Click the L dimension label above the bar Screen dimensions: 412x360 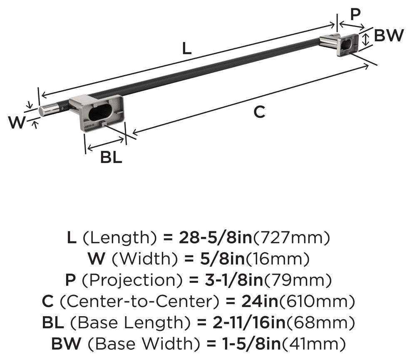click(187, 49)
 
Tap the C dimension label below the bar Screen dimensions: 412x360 click(259, 112)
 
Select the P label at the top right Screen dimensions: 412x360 click(355, 14)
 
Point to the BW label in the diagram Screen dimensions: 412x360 click(389, 35)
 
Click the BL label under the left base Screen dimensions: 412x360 click(111, 157)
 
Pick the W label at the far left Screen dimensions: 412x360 click(17, 122)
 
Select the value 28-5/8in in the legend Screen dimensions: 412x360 click(215, 237)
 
